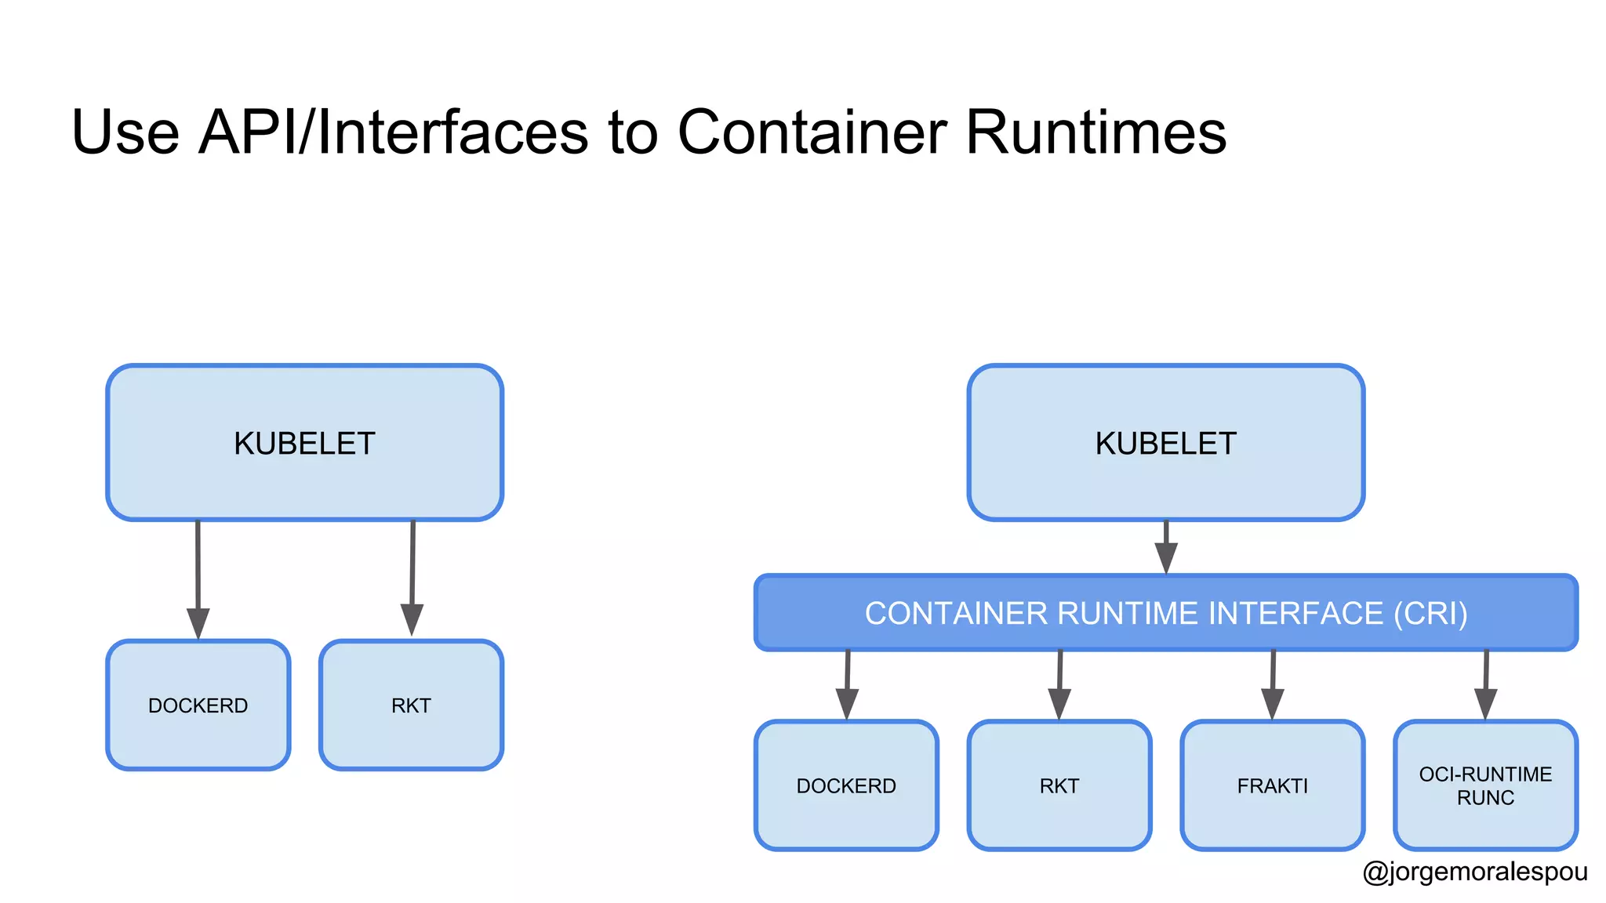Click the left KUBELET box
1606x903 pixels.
pyautogui.click(x=304, y=443)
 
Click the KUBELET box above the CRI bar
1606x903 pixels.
pyautogui.click(x=1165, y=443)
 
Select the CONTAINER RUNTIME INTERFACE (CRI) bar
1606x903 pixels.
pyautogui.click(x=1165, y=613)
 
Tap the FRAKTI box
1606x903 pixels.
pyautogui.click(x=1272, y=785)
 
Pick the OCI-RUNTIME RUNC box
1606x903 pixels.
pyautogui.click(x=1485, y=785)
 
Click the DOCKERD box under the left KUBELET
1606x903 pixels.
pyautogui.click(x=198, y=705)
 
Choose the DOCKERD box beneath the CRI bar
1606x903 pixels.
pyautogui.click(x=846, y=785)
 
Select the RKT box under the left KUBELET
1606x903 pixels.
pyautogui.click(x=411, y=705)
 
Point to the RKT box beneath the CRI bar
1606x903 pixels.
pyautogui.click(x=1059, y=785)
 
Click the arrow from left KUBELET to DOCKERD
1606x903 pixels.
pyautogui.click(x=198, y=580)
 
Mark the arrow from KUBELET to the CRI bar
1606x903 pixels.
pyautogui.click(x=1166, y=548)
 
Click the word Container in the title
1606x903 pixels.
pyautogui.click(x=812, y=132)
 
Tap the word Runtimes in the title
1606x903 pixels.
pyautogui.click(x=1095, y=132)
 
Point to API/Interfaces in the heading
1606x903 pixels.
pyautogui.click(x=393, y=132)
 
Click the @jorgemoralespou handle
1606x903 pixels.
pyautogui.click(x=1475, y=872)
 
